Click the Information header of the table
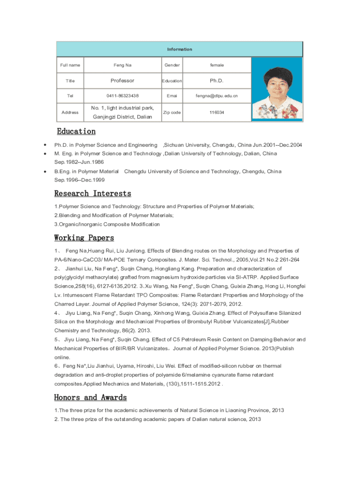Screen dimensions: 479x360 pyautogui.click(x=180, y=49)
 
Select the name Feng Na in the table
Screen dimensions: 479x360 pyautogui.click(x=122, y=65)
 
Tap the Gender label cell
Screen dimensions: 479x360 pyautogui.click(x=172, y=65)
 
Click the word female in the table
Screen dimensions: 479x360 pyautogui.click(x=217, y=65)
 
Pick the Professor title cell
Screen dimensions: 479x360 pyautogui.click(x=122, y=80)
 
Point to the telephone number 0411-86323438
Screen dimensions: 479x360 pyautogui.click(x=122, y=96)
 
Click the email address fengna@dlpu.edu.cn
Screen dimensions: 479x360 pyautogui.click(x=217, y=96)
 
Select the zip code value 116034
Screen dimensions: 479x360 pyautogui.click(x=217, y=113)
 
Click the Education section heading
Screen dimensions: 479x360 pyautogui.click(x=76, y=131)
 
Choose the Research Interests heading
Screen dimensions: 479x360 pyautogui.click(x=93, y=193)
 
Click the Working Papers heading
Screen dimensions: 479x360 pyautogui.click(x=84, y=238)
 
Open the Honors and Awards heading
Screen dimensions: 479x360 pyautogui.click(x=90, y=398)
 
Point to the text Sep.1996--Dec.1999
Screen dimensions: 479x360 pyautogui.click(x=79, y=180)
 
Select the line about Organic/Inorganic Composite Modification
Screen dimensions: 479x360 pyautogui.click(x=107, y=225)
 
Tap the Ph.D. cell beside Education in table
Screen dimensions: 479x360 pyautogui.click(x=217, y=80)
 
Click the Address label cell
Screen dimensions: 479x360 pyautogui.click(x=70, y=113)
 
